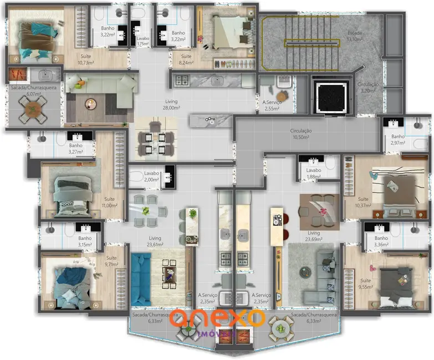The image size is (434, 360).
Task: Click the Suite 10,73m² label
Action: click(x=86, y=59)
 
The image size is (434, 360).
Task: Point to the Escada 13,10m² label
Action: click(x=355, y=36)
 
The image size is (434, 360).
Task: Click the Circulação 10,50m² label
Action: click(x=301, y=134)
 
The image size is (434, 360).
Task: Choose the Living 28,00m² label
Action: click(x=171, y=105)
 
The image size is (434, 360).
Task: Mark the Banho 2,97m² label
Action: click(x=398, y=140)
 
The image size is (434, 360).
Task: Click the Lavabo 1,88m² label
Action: click(x=314, y=173)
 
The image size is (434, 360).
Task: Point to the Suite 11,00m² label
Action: click(x=109, y=202)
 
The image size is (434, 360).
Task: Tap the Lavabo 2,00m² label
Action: click(x=152, y=177)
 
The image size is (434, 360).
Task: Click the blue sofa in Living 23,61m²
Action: click(x=143, y=279)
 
